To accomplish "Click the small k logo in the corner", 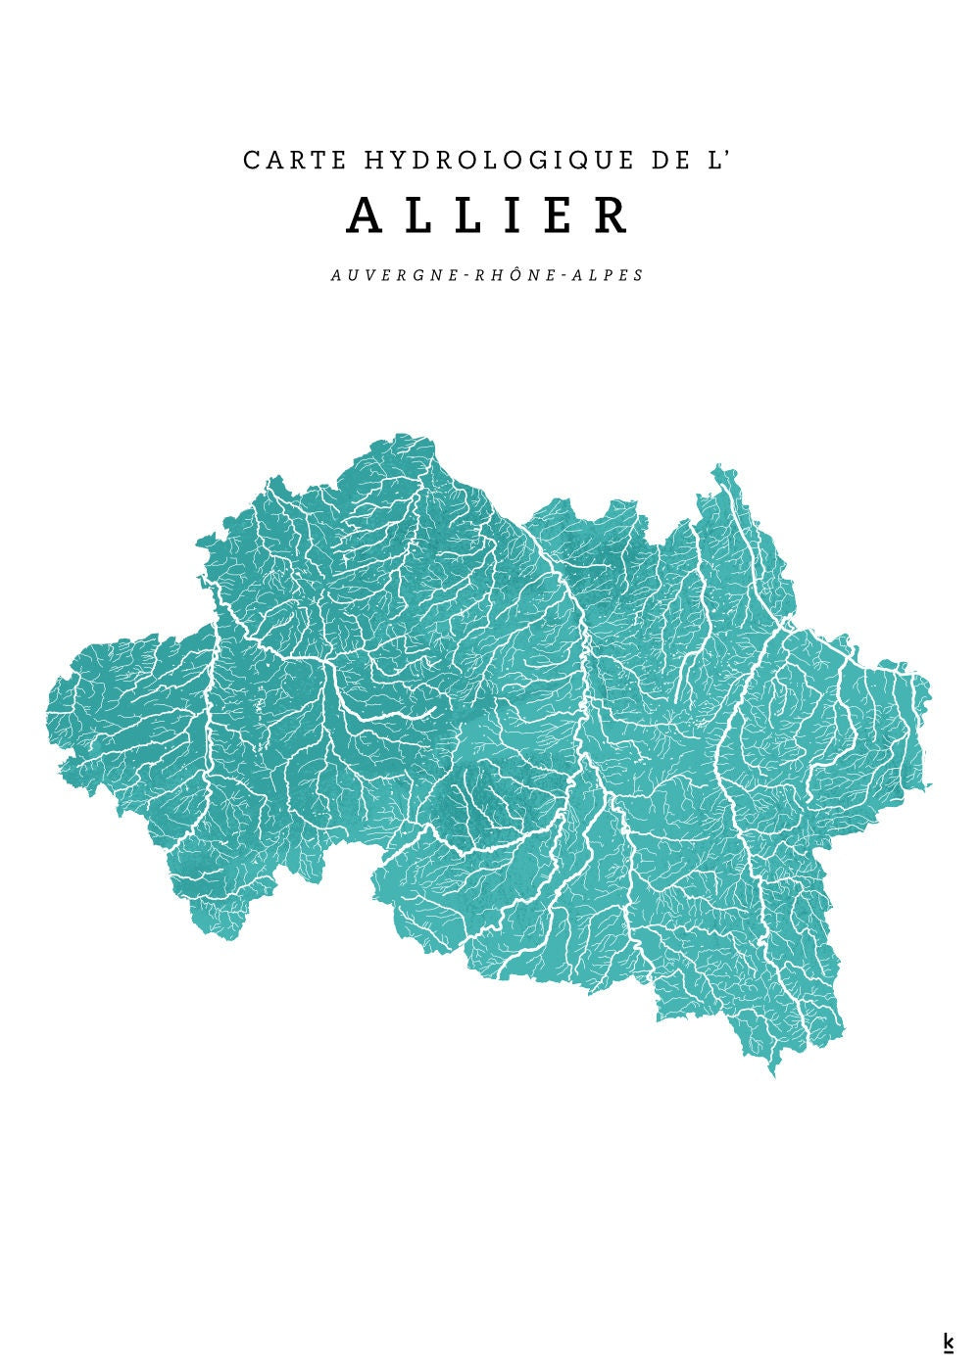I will (x=948, y=1342).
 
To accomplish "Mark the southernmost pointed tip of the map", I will (x=773, y=1075).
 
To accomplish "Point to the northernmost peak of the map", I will (x=400, y=434).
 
